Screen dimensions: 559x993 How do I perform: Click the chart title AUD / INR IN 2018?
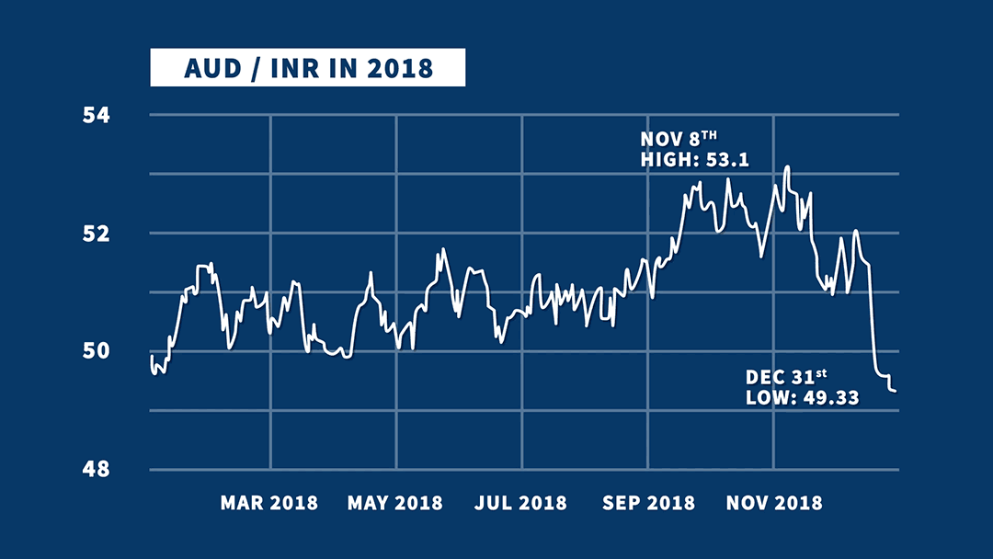click(307, 69)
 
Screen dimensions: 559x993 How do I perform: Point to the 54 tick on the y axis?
click(97, 116)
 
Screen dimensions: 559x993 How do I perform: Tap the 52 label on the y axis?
click(97, 234)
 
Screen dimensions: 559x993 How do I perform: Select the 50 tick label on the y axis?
click(97, 351)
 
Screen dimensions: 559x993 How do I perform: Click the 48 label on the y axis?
click(97, 469)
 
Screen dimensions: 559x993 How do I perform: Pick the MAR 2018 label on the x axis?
click(269, 503)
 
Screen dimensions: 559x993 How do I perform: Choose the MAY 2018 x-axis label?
click(395, 503)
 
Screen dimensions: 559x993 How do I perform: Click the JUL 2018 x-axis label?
click(520, 503)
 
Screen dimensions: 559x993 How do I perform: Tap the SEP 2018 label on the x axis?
click(648, 503)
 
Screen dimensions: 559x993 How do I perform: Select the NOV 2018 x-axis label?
click(774, 503)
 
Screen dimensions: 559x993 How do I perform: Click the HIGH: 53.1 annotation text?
click(695, 160)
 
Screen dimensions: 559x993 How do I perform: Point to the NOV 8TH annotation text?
click(679, 139)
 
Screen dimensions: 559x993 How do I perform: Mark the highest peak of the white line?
click(787, 166)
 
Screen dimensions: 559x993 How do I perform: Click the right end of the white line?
click(896, 392)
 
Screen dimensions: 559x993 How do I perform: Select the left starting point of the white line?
click(150, 358)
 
